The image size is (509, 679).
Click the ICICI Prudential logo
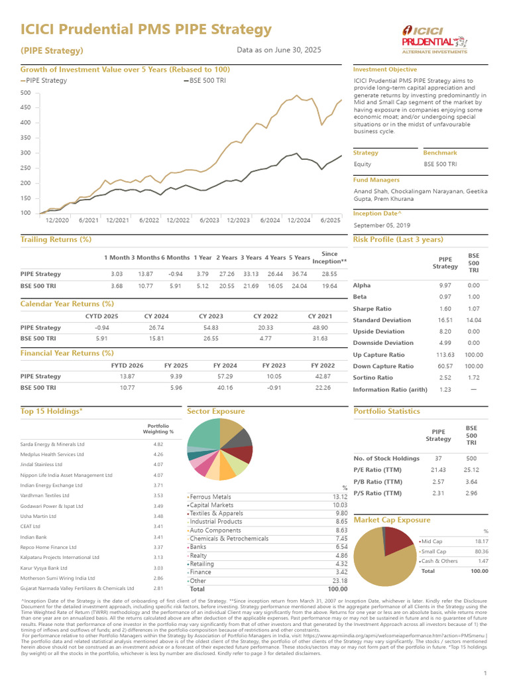click(x=434, y=39)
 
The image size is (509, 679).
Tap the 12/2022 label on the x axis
click(x=178, y=220)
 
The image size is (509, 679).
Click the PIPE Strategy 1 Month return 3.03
click(x=117, y=274)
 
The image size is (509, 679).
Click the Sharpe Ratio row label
click(x=372, y=308)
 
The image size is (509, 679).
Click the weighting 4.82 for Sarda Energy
click(x=158, y=444)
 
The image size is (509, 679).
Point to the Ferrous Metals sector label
click(x=210, y=497)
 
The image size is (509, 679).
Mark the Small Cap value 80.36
click(x=479, y=552)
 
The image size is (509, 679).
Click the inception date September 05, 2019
click(x=382, y=225)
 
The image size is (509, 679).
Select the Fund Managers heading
click(x=376, y=180)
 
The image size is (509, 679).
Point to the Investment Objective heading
click(x=384, y=70)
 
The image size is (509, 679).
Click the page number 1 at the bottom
click(x=485, y=672)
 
